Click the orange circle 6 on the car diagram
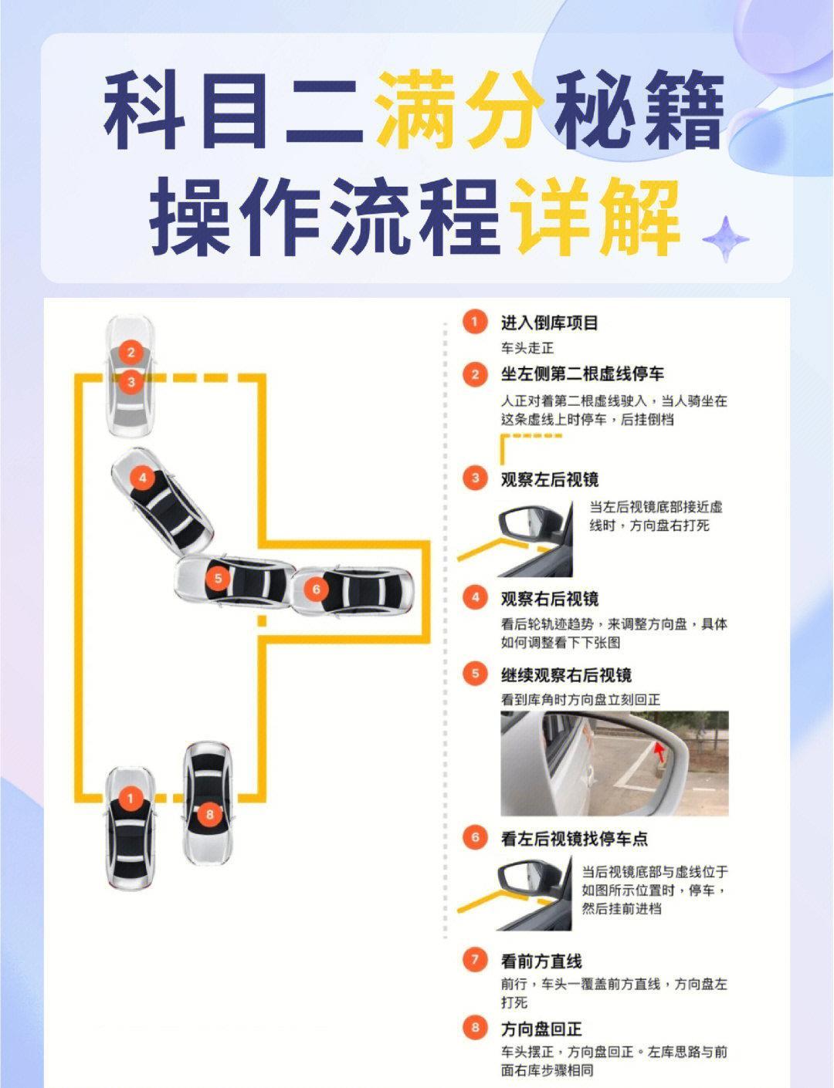[316, 590]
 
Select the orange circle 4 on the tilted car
[142, 478]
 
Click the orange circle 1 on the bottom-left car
[130, 798]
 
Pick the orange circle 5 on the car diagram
[219, 577]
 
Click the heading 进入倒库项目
[549, 323]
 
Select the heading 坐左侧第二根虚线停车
[582, 374]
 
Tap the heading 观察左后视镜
[549, 479]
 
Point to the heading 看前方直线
[541, 961]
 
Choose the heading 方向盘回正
[541, 1028]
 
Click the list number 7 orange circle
[475, 960]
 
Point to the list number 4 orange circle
[475, 597]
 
